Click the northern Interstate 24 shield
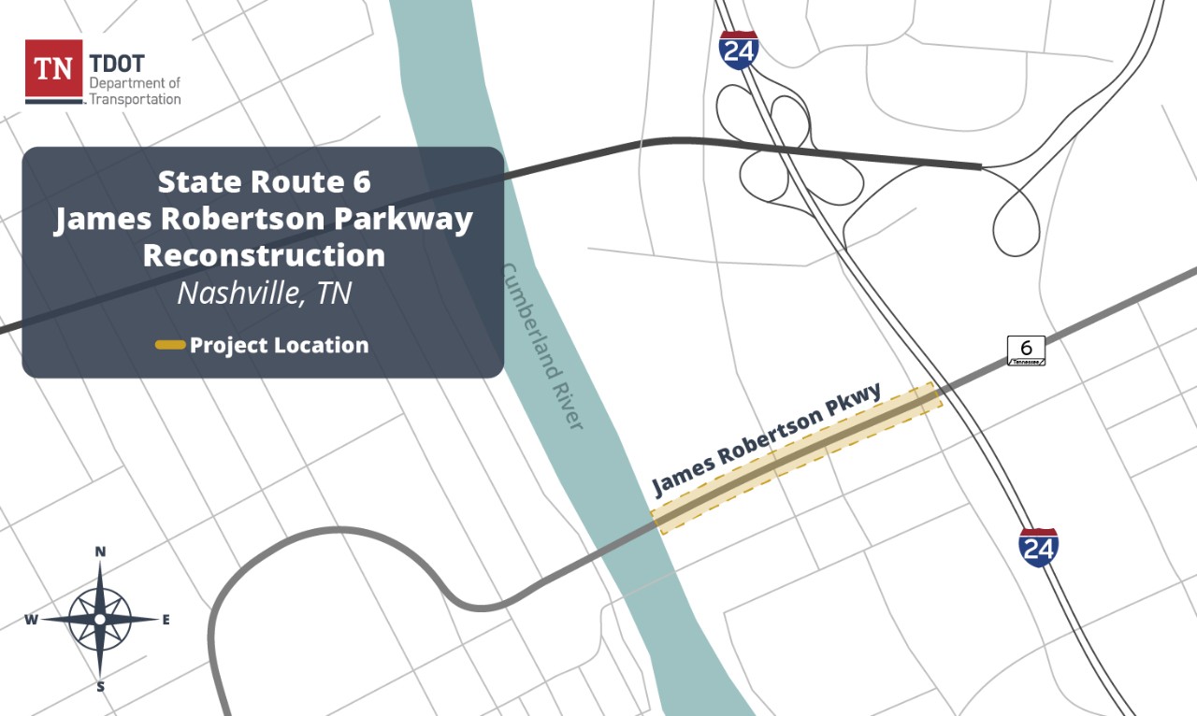tap(739, 50)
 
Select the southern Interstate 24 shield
tap(1038, 548)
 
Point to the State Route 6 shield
tap(1026, 351)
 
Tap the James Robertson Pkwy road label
tap(767, 439)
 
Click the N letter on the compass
tap(100, 552)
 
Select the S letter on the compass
tap(100, 687)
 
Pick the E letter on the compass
tap(166, 620)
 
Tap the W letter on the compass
tap(31, 620)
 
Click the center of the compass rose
tap(100, 619)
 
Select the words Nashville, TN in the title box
tap(264, 294)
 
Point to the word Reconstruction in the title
tap(264, 255)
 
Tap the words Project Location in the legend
tap(279, 346)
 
